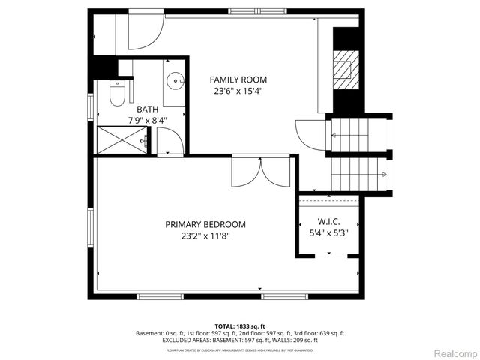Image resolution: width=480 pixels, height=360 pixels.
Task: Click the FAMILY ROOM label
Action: click(238, 79)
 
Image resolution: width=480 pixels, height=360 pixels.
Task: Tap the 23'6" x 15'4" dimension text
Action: click(238, 91)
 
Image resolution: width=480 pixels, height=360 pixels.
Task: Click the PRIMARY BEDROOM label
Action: click(205, 224)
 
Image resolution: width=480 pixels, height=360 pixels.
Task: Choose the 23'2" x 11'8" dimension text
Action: click(205, 235)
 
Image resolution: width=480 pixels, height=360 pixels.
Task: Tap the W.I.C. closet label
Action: click(329, 221)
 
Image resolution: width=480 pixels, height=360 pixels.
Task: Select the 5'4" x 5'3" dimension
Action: click(329, 232)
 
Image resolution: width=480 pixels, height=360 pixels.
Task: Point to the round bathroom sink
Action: click(175, 79)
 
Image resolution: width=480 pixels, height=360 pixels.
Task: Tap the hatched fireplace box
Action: click(344, 67)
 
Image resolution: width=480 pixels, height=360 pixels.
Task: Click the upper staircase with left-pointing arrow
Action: click(358, 136)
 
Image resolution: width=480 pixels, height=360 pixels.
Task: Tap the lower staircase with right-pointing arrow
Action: click(358, 175)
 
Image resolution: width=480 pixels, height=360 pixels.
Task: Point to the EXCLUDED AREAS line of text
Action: click(239, 340)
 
